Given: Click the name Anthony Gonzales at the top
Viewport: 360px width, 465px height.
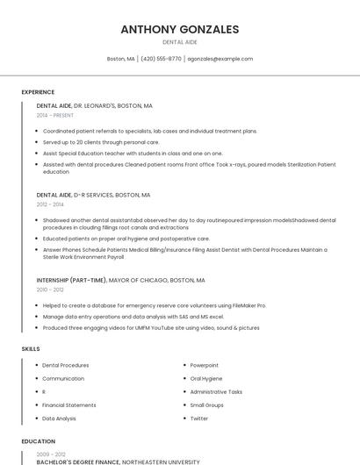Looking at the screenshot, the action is pyautogui.click(x=180, y=29).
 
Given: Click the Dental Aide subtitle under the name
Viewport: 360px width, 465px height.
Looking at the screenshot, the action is pyautogui.click(x=180, y=42).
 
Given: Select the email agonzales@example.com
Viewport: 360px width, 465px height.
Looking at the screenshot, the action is pyautogui.click(x=220, y=59).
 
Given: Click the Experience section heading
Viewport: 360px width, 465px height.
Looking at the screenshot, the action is pyautogui.click(x=38, y=92).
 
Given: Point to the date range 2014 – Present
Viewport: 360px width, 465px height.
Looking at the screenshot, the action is pyautogui.click(x=55, y=115).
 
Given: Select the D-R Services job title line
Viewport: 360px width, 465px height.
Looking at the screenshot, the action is pyautogui.click(x=93, y=195).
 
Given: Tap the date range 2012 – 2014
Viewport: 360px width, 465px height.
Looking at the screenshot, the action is pyautogui.click(x=50, y=204).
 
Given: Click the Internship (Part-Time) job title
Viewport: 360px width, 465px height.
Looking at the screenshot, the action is pyautogui.click(x=120, y=281).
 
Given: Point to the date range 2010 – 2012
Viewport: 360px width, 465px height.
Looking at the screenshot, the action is pyautogui.click(x=50, y=290).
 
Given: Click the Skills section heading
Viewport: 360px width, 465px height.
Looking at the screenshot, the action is pyautogui.click(x=31, y=349).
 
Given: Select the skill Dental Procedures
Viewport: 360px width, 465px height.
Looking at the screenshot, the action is pyautogui.click(x=66, y=365).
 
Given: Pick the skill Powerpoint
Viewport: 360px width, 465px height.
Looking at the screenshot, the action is pyautogui.click(x=205, y=365).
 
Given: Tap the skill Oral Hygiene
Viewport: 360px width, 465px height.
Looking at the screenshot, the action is pyautogui.click(x=206, y=378).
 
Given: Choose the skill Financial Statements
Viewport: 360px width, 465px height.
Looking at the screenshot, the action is pyautogui.click(x=69, y=405).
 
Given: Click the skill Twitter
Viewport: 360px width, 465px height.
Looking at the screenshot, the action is pyautogui.click(x=199, y=418).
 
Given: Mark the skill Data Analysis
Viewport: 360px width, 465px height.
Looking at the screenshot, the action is pyautogui.click(x=60, y=418).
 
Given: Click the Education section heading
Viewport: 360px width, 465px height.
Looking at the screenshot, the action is pyautogui.click(x=38, y=442).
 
